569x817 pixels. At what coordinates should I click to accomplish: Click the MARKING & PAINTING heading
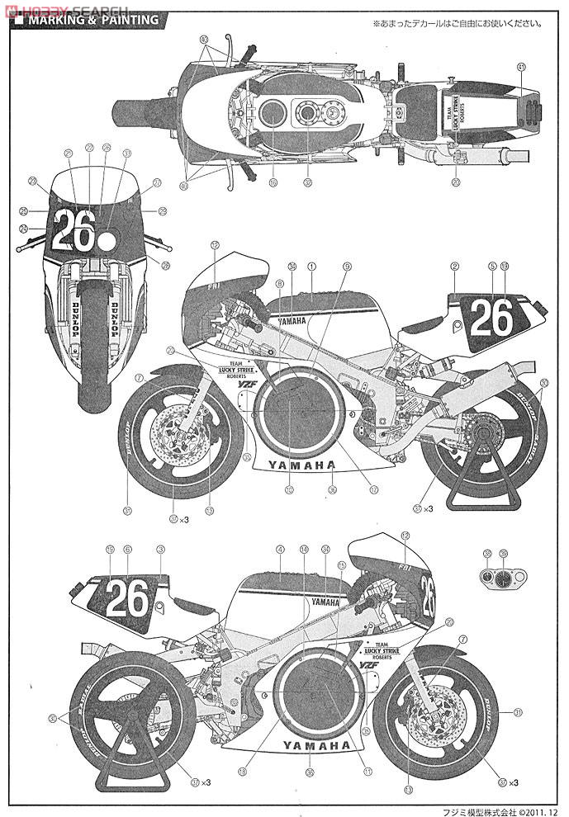click(92, 20)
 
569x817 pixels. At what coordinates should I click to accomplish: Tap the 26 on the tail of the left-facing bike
click(492, 317)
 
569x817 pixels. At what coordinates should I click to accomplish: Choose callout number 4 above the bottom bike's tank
click(280, 549)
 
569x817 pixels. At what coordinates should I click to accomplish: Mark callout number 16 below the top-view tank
click(272, 182)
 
